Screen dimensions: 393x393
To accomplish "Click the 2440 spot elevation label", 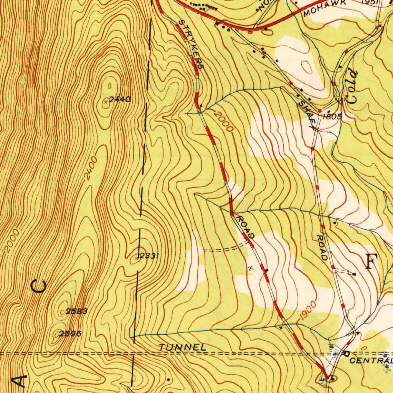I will tap(120, 99).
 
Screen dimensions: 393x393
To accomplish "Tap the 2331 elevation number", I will tap(149, 256).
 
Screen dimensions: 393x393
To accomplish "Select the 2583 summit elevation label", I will tap(77, 311).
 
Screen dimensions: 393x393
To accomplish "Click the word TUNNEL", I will tap(183, 347).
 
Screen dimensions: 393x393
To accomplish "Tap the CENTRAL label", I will tap(371, 361).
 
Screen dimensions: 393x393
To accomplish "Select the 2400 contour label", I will tap(90, 168).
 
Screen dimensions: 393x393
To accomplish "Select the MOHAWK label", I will tap(325, 8).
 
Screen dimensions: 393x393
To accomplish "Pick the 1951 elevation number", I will tap(370, 2).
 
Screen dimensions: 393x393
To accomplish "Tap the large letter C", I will tap(40, 287).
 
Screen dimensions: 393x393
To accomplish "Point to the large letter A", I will tap(20, 381).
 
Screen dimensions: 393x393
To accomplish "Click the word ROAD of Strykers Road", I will tap(245, 227).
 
